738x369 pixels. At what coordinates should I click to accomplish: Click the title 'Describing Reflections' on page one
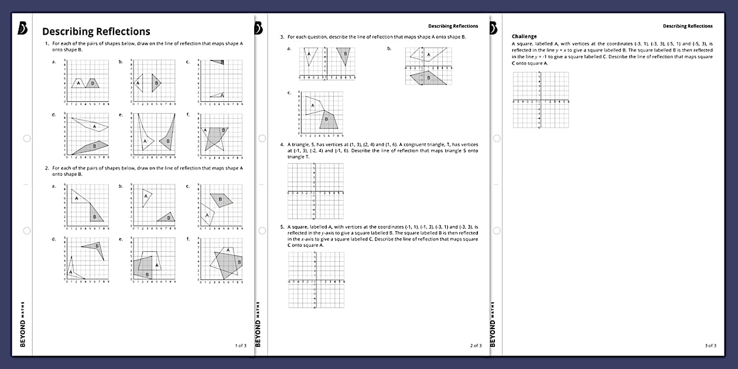(x=96, y=32)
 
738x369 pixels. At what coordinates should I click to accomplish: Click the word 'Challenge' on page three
(x=524, y=36)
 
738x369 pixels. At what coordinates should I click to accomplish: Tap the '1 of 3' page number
(x=240, y=346)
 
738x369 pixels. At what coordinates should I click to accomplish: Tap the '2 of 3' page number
(x=476, y=346)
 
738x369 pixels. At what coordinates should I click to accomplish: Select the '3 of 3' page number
(x=710, y=346)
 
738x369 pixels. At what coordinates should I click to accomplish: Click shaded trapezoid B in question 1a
(x=92, y=84)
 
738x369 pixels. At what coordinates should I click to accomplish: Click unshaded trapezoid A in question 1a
(x=78, y=84)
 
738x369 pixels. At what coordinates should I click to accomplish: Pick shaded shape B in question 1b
(x=156, y=83)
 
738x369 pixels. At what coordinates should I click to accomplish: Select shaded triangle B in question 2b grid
(x=168, y=218)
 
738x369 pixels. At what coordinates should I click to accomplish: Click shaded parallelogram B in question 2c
(x=221, y=200)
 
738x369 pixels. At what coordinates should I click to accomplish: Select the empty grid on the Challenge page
(x=541, y=100)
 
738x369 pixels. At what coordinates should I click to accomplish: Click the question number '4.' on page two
(x=282, y=144)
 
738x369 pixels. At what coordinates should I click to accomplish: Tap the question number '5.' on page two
(x=282, y=227)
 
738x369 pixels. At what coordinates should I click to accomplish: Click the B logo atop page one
(x=22, y=28)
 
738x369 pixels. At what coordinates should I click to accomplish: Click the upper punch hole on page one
(x=26, y=138)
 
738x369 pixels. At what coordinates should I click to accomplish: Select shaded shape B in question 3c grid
(x=328, y=120)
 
